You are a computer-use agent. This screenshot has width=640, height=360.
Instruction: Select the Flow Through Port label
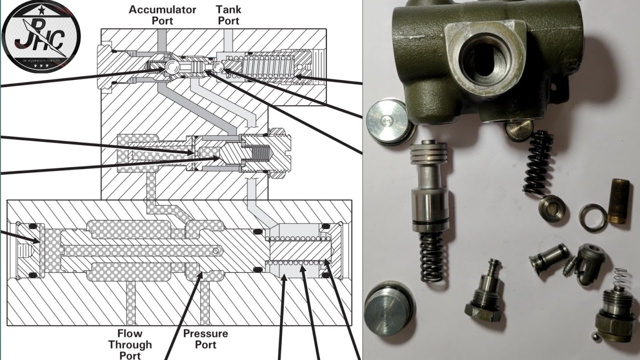tap(130, 344)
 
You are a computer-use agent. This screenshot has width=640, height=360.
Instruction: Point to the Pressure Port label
tap(205, 339)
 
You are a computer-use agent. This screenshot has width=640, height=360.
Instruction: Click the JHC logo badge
tap(40, 36)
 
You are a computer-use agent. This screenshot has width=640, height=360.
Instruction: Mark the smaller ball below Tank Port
tap(217, 67)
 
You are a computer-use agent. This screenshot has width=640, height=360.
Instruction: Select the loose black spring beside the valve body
tap(538, 162)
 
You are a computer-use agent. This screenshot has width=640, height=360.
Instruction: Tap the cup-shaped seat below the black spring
tap(553, 208)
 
